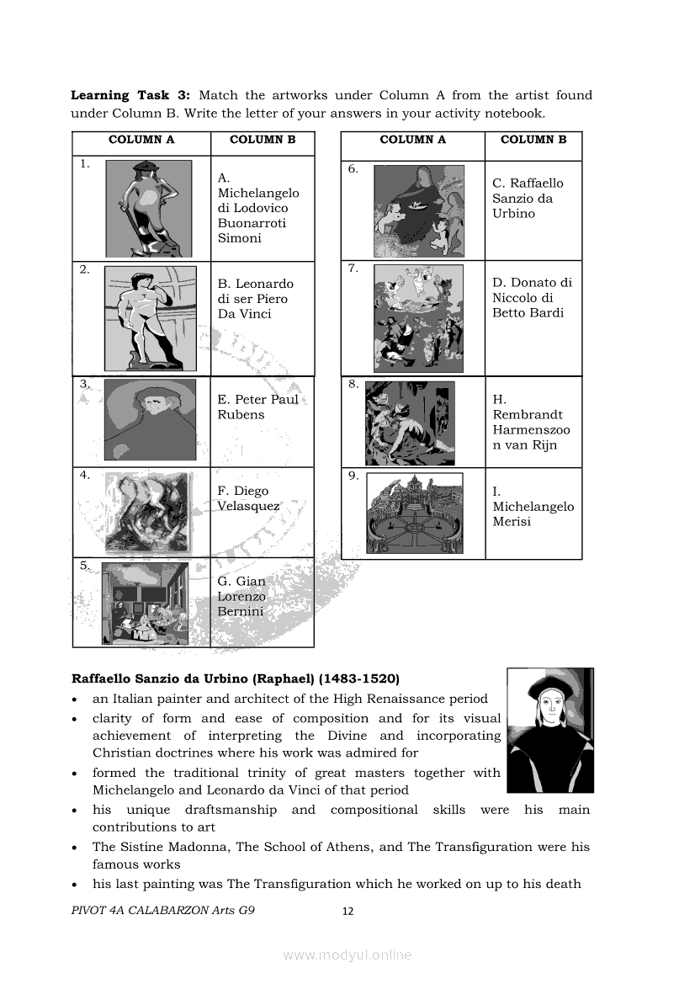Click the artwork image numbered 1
point(148,208)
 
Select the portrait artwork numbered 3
point(150,419)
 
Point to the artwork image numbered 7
point(418,318)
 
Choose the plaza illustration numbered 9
point(415,513)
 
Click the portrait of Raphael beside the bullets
point(550,730)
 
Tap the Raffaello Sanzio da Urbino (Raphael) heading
point(236,678)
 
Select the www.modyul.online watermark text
point(347,955)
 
